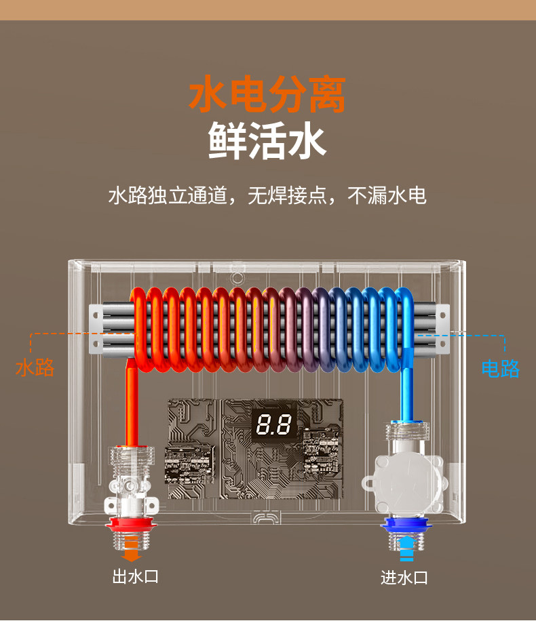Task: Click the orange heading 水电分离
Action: click(267, 94)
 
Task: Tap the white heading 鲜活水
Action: click(267, 140)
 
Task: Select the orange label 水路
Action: click(35, 368)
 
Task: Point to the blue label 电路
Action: click(500, 369)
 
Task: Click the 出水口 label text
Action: click(135, 577)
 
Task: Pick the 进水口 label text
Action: click(404, 578)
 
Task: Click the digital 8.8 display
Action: click(274, 426)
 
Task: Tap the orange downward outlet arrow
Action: click(132, 554)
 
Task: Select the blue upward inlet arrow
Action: click(406, 546)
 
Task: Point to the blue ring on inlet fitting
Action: click(405, 523)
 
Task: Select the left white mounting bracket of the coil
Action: click(99, 330)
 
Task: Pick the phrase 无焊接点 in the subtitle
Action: click(280, 196)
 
